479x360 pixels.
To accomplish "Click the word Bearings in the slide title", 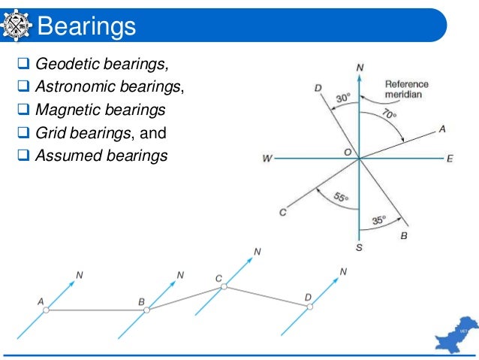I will (86, 27).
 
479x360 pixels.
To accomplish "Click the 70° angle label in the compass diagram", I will (389, 114).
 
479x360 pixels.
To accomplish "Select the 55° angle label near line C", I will (340, 198).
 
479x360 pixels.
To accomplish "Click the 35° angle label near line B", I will (379, 220).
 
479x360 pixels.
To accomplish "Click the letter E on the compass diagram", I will (450, 158).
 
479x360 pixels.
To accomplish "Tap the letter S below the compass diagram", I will (359, 247).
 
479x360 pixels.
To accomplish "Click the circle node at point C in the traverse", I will (227, 287).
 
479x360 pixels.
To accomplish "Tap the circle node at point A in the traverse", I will (46, 310).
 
